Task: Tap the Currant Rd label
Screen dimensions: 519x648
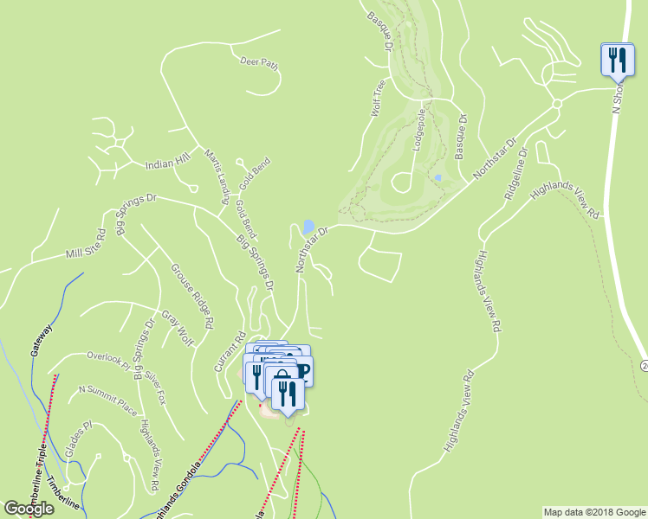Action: click(x=230, y=353)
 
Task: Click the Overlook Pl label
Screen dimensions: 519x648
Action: click(x=107, y=357)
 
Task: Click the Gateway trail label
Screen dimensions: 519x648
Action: click(x=42, y=342)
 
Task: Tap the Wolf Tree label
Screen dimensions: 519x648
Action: click(x=377, y=98)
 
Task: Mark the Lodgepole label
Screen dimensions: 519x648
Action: click(x=419, y=130)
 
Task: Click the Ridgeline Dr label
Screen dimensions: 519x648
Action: click(x=515, y=173)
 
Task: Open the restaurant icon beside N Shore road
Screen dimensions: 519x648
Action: click(x=614, y=60)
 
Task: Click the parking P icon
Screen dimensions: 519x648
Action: click(x=303, y=370)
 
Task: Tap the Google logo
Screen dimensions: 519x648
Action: click(x=29, y=509)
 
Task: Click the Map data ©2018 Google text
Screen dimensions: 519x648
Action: click(x=594, y=512)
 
